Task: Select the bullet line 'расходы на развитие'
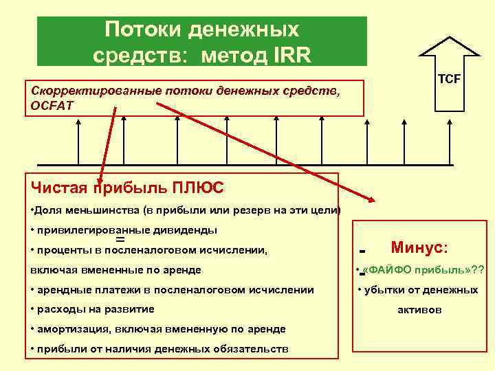click(x=93, y=309)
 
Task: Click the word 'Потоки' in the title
click(x=136, y=30)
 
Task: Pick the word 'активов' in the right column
click(x=419, y=310)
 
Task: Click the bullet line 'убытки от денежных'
click(x=419, y=289)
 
